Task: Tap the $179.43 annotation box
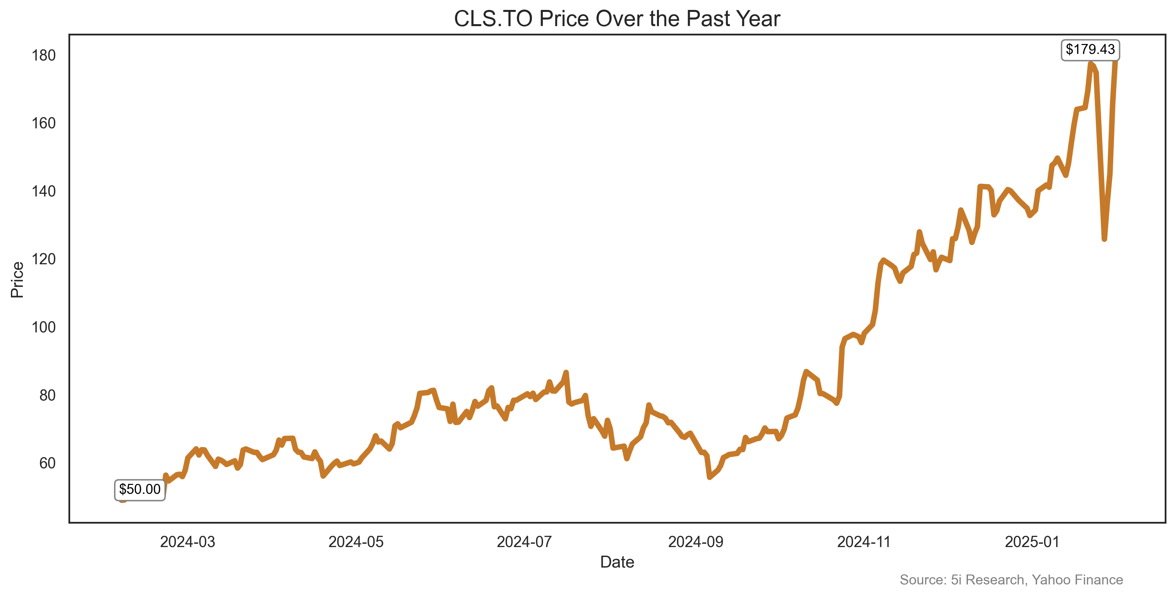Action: [1090, 49]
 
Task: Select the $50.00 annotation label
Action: [140, 490]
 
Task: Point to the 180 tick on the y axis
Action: [43, 56]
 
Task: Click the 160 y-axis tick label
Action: [43, 123]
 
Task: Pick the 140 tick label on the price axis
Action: [43, 191]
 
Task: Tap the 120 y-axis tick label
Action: [43, 259]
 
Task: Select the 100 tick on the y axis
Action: [43, 327]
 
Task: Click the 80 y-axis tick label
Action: [47, 395]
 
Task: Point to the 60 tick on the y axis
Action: [47, 463]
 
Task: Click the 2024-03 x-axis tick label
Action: [188, 542]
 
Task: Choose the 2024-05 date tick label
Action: [356, 542]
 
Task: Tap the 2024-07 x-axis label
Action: [524, 542]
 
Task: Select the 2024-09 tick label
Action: [696, 542]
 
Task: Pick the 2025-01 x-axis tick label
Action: [1032, 542]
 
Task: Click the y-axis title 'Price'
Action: [17, 279]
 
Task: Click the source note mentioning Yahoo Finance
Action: [1011, 580]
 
